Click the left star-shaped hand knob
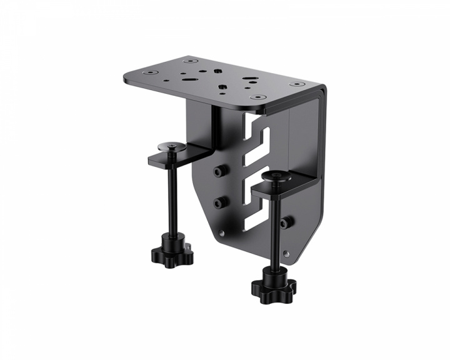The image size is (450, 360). (171, 252)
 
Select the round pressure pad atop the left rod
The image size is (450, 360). (172, 146)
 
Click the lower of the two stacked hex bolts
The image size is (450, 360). (219, 202)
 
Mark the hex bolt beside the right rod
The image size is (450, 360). (286, 222)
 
